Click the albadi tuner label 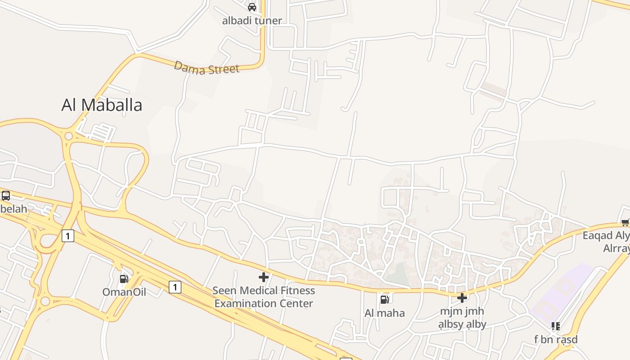pos(252,20)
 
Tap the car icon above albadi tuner pos(252,7)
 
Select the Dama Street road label pos(207,68)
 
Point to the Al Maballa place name pos(102,105)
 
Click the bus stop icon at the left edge pos(6,196)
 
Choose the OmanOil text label pos(124,292)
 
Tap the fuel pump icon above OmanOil pos(124,279)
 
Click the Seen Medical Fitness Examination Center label pos(264,297)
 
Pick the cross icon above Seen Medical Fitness pos(264,277)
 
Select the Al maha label pos(385,313)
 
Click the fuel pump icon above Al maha pos(385,299)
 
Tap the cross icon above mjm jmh pos(462,298)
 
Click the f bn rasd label pos(556,339)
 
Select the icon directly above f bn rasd pos(556,326)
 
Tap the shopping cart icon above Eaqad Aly pos(625,222)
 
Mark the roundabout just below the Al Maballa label pos(68,135)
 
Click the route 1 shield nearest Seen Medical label pos(175,287)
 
